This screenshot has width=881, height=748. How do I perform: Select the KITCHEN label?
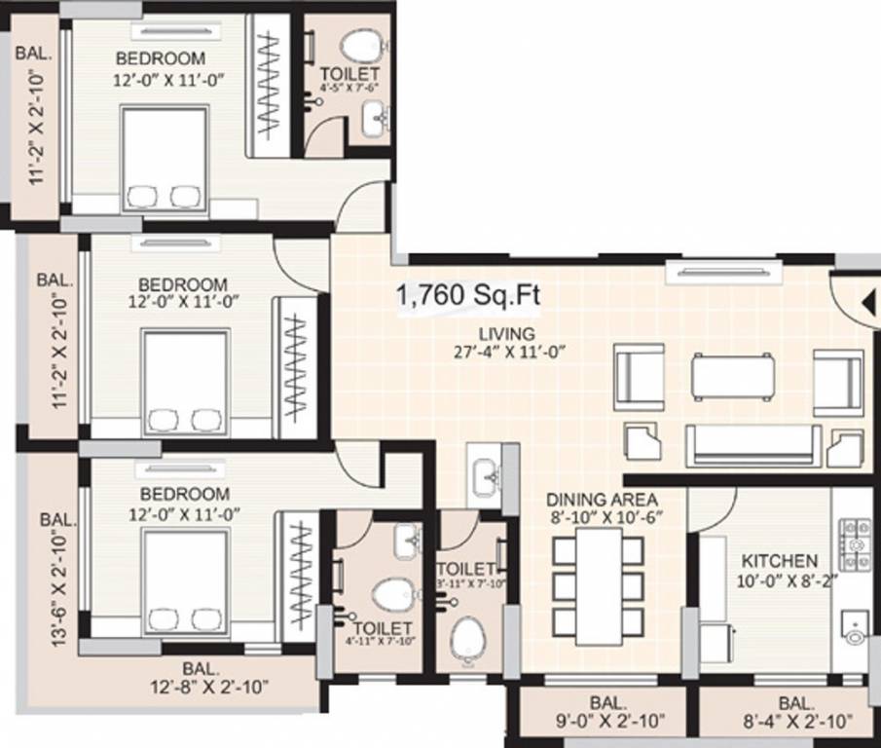coord(779,562)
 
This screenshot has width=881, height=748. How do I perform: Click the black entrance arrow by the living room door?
coord(867,303)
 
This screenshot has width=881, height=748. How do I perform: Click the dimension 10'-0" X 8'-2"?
coord(779,580)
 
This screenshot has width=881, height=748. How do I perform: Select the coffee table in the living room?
coord(733,376)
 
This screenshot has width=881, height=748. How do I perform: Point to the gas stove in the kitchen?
coord(855,543)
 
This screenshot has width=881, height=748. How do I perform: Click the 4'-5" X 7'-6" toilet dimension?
coord(349,87)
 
